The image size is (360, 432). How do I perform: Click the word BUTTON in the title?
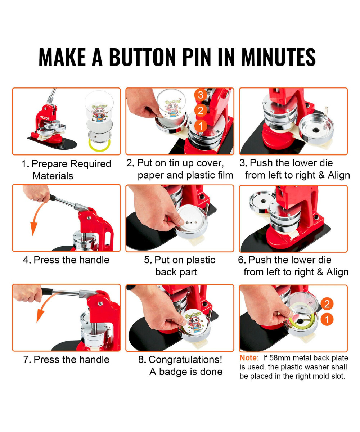(143, 57)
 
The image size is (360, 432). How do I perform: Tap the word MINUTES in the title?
(279, 57)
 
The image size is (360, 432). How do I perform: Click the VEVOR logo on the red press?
(45, 118)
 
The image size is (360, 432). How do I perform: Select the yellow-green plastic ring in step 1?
(99, 144)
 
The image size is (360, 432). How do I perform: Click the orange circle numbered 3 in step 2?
(201, 95)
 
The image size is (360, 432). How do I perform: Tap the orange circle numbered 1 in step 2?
(200, 126)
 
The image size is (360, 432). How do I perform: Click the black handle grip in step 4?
(52, 198)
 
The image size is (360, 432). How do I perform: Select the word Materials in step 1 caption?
(53, 176)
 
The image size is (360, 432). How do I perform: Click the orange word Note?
(248, 358)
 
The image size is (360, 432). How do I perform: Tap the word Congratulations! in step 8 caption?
(185, 360)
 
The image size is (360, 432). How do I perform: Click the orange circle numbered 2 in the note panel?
(327, 304)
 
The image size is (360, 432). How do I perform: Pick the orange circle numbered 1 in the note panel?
(327, 319)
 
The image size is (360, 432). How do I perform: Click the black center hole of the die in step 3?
(316, 131)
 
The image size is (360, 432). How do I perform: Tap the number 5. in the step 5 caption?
(148, 260)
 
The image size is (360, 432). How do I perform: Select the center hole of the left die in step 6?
(264, 201)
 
